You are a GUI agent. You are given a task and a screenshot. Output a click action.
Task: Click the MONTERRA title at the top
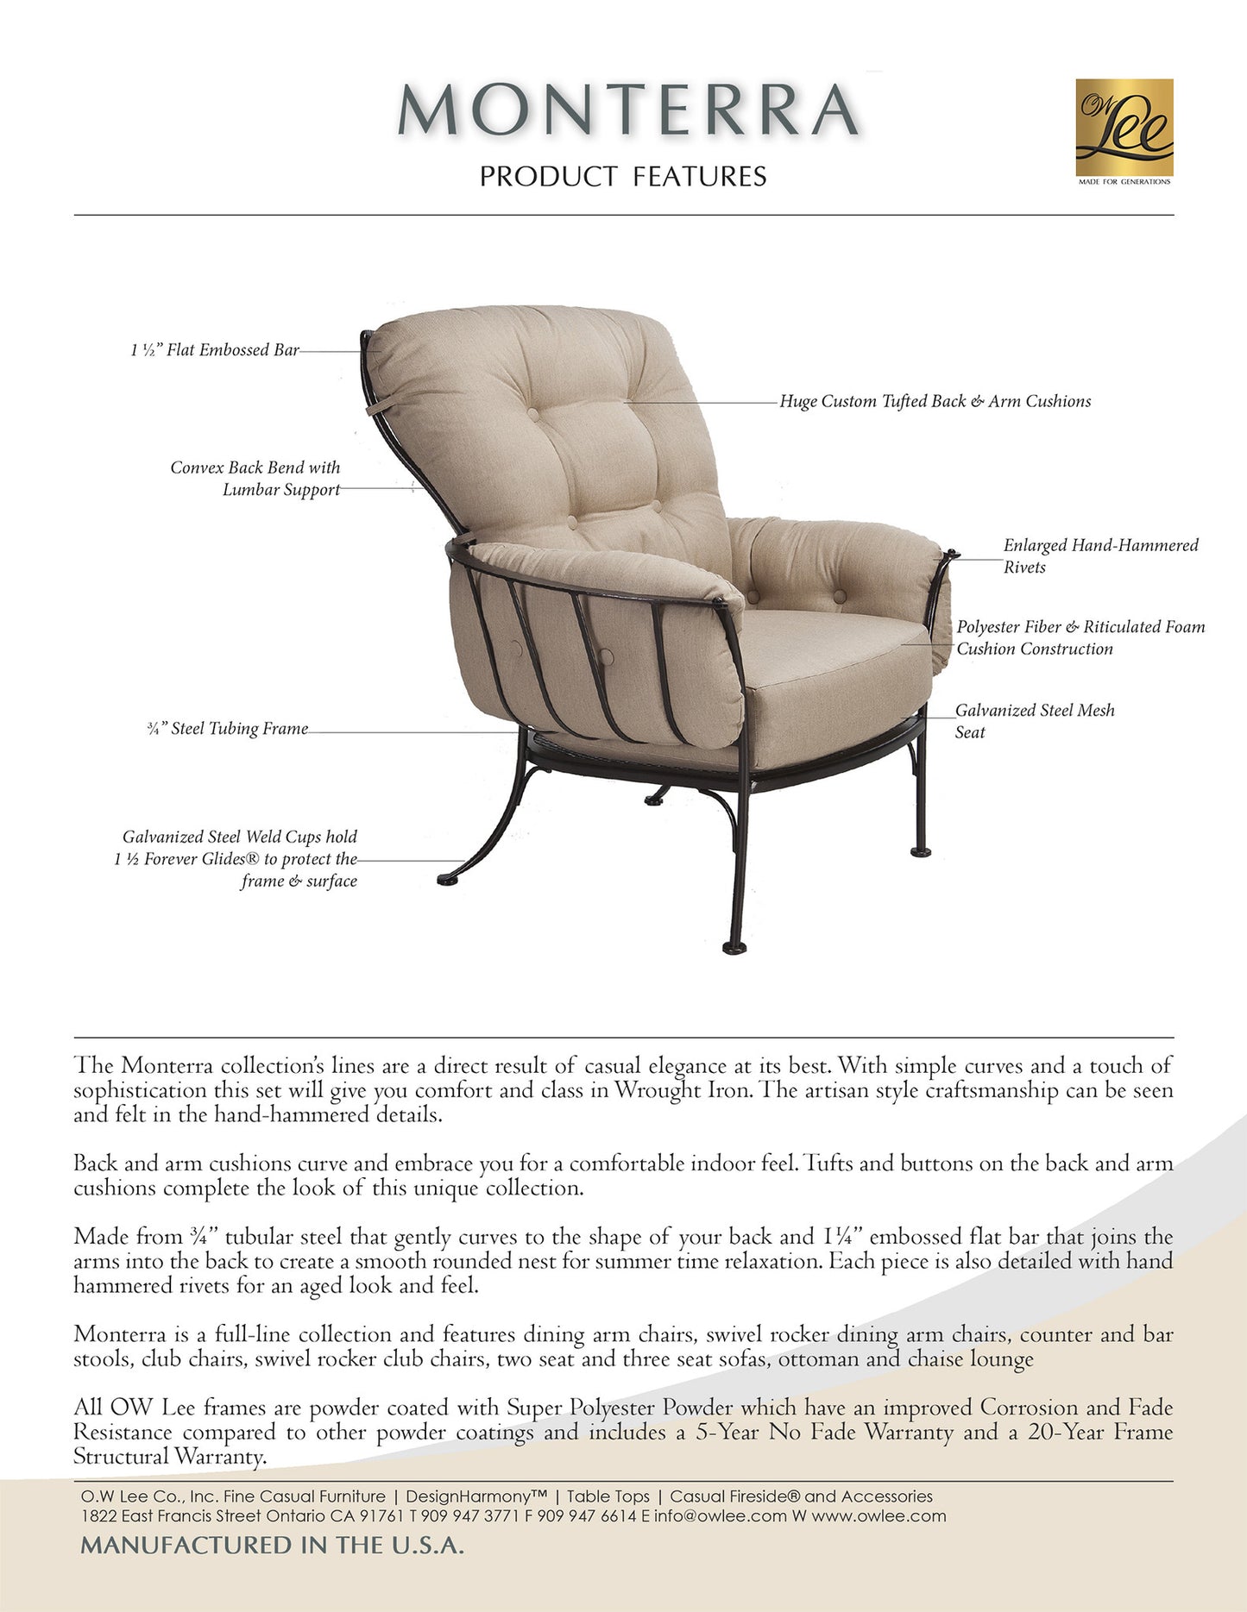(627, 110)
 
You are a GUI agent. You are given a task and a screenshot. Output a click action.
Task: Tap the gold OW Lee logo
(1124, 129)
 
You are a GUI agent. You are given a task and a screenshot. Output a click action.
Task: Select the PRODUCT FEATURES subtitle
(623, 177)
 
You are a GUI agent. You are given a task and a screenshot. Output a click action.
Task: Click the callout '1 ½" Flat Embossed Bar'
(215, 350)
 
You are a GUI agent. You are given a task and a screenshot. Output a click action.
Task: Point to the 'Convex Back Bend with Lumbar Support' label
(255, 479)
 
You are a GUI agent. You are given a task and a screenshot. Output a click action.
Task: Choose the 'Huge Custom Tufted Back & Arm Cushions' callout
(935, 401)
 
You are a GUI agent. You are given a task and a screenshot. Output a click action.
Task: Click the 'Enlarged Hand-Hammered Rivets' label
(1100, 556)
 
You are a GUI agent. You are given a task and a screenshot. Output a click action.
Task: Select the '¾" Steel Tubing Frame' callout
(228, 729)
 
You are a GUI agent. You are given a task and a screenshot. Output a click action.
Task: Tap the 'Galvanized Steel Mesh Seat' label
(1034, 721)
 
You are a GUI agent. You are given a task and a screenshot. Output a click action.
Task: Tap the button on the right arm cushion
(753, 596)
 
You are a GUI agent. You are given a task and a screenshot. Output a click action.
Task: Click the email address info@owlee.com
(720, 1515)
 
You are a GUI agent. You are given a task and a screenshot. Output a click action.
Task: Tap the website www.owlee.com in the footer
(879, 1515)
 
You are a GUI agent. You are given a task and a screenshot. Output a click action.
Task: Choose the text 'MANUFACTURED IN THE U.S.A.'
(273, 1545)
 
